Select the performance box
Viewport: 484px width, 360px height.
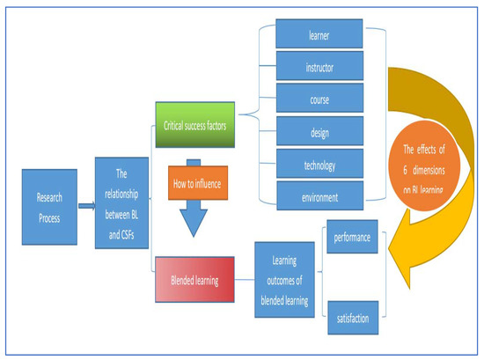point(352,238)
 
